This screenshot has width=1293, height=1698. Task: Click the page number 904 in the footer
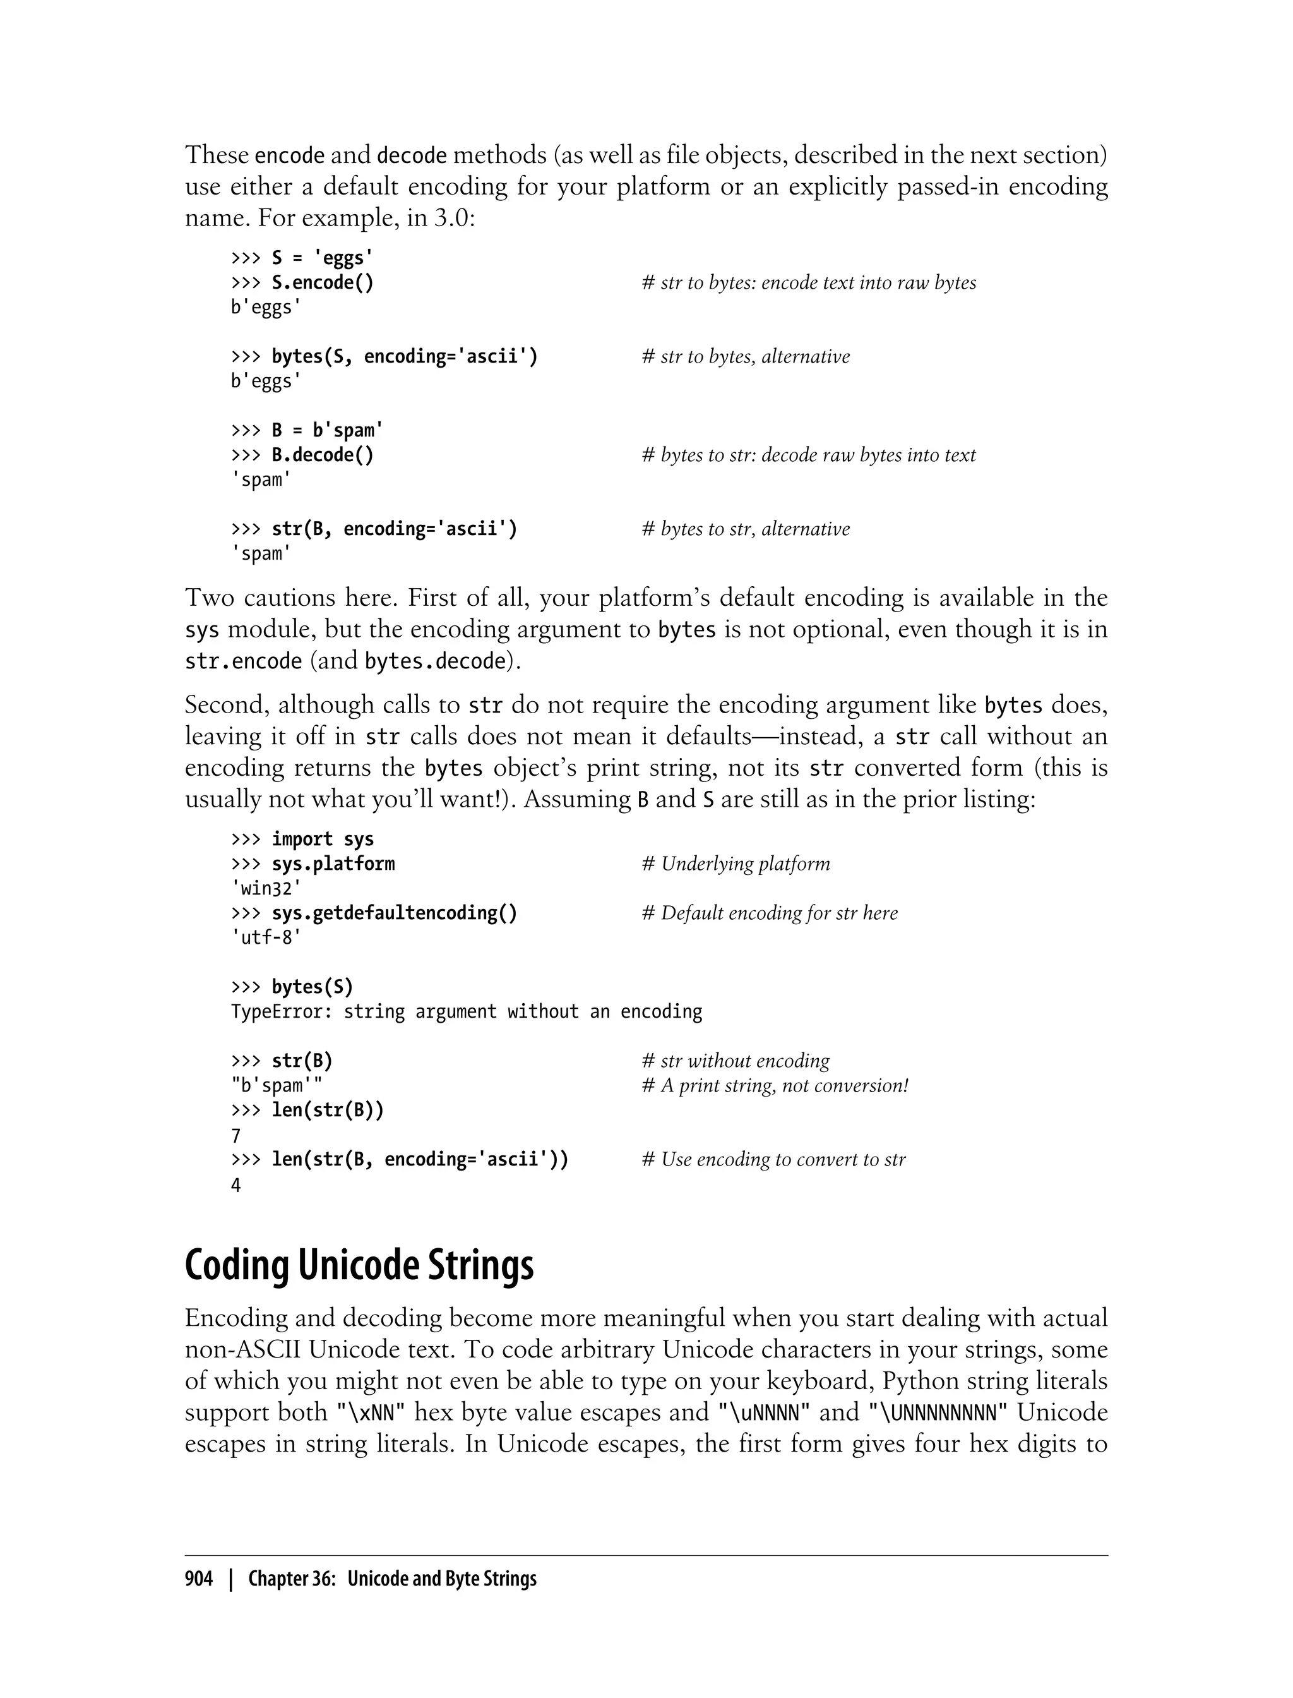pos(199,1579)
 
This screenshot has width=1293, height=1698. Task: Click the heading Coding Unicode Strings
pos(359,1265)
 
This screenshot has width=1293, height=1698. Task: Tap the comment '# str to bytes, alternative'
pos(746,356)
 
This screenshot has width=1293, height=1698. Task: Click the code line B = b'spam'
pos(327,430)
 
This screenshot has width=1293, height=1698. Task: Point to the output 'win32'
pos(266,889)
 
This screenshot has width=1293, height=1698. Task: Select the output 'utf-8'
pos(266,938)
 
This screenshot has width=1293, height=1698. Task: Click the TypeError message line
pos(467,1011)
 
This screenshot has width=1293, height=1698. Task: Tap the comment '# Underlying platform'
pos(736,864)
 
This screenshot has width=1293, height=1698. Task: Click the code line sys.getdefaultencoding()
pos(394,913)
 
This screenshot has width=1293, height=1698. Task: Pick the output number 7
pos(236,1136)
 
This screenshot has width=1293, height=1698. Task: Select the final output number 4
pos(236,1185)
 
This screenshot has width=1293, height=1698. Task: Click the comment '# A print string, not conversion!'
pos(775,1086)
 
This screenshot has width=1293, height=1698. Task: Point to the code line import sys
pos(323,840)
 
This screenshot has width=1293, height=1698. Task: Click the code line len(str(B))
pos(327,1111)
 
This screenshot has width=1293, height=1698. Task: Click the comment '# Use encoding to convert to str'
pos(773,1160)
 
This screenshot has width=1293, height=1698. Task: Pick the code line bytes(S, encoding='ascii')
pos(404,356)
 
